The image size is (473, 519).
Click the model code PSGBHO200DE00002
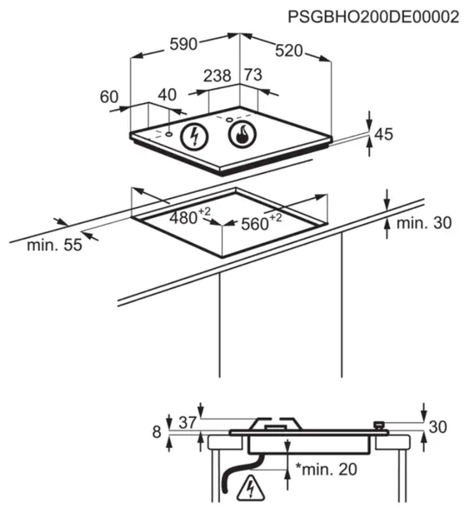pos(374,17)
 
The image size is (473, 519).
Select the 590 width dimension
pos(183,44)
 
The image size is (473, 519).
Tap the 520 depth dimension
pos(289,51)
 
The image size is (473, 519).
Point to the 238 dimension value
pos(217,76)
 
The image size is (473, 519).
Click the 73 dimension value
pos(253,74)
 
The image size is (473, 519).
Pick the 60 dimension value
pos(109,97)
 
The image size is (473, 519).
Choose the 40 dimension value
pos(167,95)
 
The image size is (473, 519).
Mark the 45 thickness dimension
pos(384,134)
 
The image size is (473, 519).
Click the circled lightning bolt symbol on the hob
pos(195,136)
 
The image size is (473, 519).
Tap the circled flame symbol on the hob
pos(243,134)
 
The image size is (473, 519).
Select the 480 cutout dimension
pos(189,217)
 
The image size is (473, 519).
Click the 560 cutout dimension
pos(261,222)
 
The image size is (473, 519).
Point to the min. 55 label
pos(54,246)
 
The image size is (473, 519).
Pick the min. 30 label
pos(424,223)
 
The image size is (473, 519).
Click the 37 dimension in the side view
pos(188,422)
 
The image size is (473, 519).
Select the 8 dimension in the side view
pos(157,432)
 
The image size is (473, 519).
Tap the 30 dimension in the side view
pos(438,427)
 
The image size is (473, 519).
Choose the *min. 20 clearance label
pos(326,470)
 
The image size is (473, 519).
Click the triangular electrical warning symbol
pos(251,488)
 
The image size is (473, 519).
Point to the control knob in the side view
pos(379,425)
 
